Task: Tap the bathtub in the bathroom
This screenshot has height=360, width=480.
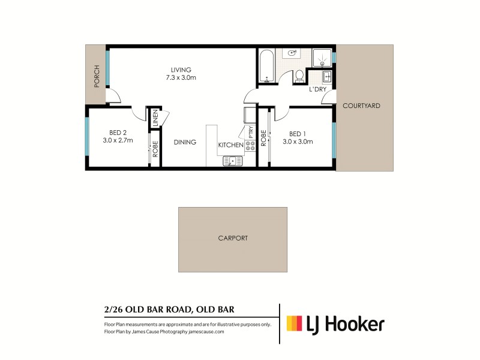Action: point(266,67)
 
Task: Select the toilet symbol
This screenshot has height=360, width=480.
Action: point(299,77)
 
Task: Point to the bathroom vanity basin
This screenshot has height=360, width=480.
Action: point(293,53)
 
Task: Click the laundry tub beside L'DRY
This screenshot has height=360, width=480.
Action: point(326,77)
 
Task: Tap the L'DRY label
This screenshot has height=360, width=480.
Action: point(317,90)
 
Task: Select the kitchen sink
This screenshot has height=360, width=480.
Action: point(232,161)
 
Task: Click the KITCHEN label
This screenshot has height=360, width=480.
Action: point(230,145)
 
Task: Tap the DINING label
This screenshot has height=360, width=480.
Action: point(185,142)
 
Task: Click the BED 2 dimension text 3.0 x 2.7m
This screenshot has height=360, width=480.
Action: point(118,140)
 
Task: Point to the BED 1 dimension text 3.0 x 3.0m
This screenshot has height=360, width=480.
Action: point(298,142)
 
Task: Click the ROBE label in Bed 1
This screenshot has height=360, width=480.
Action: point(263,139)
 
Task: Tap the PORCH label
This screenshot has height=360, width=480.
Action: point(96,76)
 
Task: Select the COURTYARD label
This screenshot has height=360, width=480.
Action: point(361,106)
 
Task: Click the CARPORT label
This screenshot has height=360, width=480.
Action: point(233,238)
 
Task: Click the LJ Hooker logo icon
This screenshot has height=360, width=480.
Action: point(294,324)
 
